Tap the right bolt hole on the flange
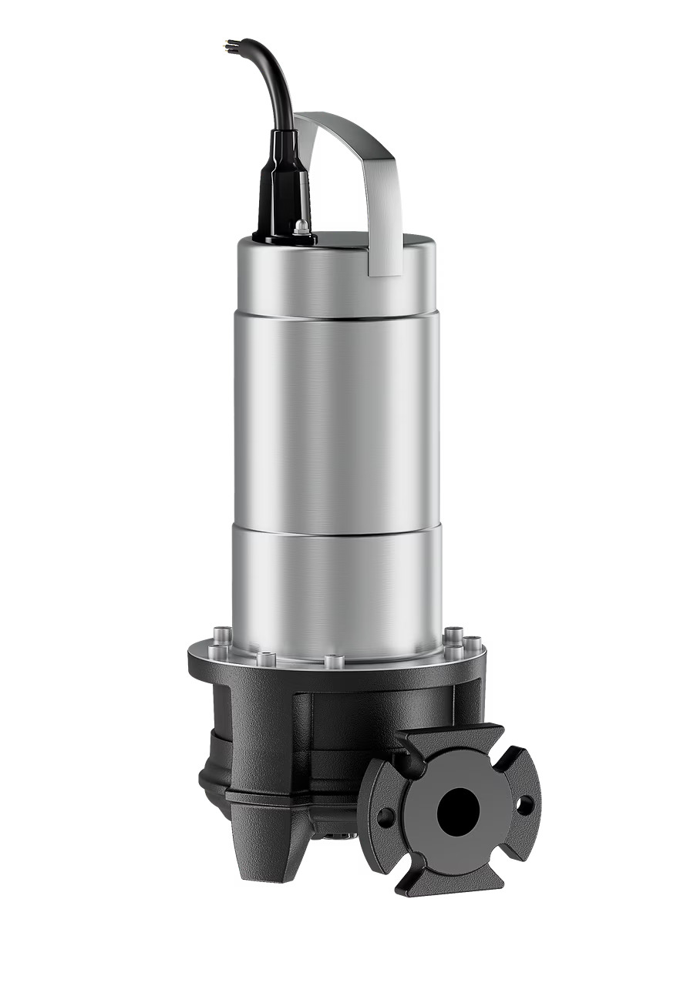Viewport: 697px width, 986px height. pyautogui.click(x=525, y=805)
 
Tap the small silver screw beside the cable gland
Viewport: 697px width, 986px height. pyautogui.click(x=302, y=226)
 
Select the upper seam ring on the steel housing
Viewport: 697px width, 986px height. pyautogui.click(x=337, y=315)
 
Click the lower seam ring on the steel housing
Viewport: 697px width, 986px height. pyautogui.click(x=337, y=529)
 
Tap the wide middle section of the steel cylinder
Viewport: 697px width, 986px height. pyautogui.click(x=337, y=424)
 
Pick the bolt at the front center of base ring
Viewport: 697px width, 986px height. pyautogui.click(x=334, y=661)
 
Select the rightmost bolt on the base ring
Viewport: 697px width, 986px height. pyautogui.click(x=473, y=643)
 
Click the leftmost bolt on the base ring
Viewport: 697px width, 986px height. pyautogui.click(x=218, y=651)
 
